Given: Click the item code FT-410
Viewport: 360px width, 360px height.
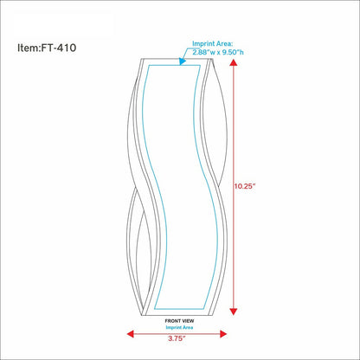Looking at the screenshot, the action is coord(59,48).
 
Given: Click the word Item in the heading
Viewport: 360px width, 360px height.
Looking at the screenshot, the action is coord(28,48).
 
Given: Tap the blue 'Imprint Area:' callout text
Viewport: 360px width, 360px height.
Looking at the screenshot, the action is coord(213,44).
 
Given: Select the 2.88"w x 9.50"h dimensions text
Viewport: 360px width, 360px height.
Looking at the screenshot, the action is coord(218,52).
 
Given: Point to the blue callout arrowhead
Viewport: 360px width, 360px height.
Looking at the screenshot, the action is coord(182,61).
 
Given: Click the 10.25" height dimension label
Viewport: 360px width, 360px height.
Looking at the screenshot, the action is coord(245,186).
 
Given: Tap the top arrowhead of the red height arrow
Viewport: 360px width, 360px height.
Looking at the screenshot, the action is coord(234,62).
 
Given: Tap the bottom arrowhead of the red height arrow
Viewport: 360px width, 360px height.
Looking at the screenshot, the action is coord(234,312).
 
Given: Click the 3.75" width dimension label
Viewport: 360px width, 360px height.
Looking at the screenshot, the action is coord(177,338).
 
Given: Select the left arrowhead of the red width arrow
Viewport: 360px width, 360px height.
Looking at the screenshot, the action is coord(131,334).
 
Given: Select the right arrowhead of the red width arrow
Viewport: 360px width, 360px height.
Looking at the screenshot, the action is coord(223,334).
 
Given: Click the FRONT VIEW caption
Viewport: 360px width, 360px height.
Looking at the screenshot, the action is coord(179,321).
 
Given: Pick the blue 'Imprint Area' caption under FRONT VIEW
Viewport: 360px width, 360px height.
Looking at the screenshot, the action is coord(179,327).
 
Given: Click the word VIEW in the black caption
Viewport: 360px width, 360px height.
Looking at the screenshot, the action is coord(188,321).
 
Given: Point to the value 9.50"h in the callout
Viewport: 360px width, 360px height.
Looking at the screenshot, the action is coord(233,52).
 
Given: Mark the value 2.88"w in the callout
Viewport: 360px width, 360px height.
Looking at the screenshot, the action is coord(202,52).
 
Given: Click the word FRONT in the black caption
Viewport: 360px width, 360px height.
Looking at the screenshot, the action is coord(172,321).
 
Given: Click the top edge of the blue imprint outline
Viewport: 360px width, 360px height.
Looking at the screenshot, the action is coord(174,66).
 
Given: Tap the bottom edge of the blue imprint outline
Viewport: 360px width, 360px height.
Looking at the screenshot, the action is coord(179,309).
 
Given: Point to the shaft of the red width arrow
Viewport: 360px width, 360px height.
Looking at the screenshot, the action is coord(177,334).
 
